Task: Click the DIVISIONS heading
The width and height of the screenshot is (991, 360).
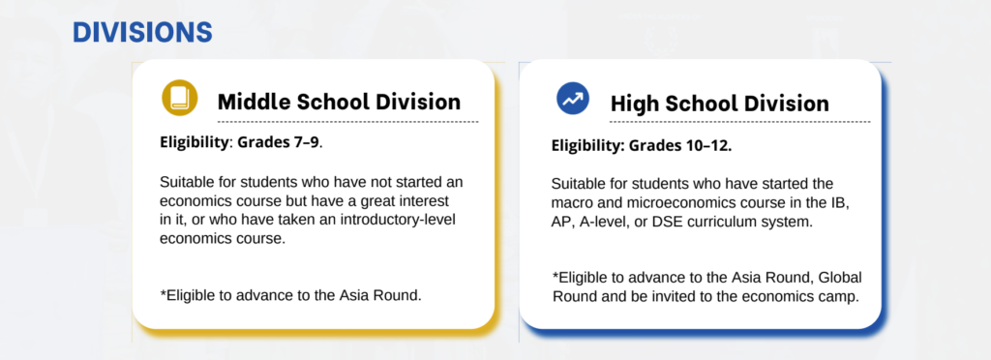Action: click(x=142, y=32)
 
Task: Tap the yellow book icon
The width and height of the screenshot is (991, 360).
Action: click(x=180, y=98)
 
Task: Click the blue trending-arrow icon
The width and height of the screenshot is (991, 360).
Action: click(x=573, y=99)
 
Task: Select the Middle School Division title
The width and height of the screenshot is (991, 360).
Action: click(x=340, y=102)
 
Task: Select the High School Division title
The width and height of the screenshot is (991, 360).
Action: click(x=719, y=103)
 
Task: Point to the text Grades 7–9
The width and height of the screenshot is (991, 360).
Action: click(x=280, y=142)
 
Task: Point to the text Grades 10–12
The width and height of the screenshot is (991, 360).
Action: click(x=680, y=146)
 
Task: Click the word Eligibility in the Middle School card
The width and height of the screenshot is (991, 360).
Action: click(x=194, y=142)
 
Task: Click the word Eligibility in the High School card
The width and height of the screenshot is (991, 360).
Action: click(x=586, y=146)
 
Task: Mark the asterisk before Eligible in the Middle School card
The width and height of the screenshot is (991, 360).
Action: click(x=163, y=292)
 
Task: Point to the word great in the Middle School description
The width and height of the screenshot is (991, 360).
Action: click(x=387, y=201)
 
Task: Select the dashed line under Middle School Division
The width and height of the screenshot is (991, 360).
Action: click(x=348, y=121)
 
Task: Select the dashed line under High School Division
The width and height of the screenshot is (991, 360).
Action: click(x=740, y=121)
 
